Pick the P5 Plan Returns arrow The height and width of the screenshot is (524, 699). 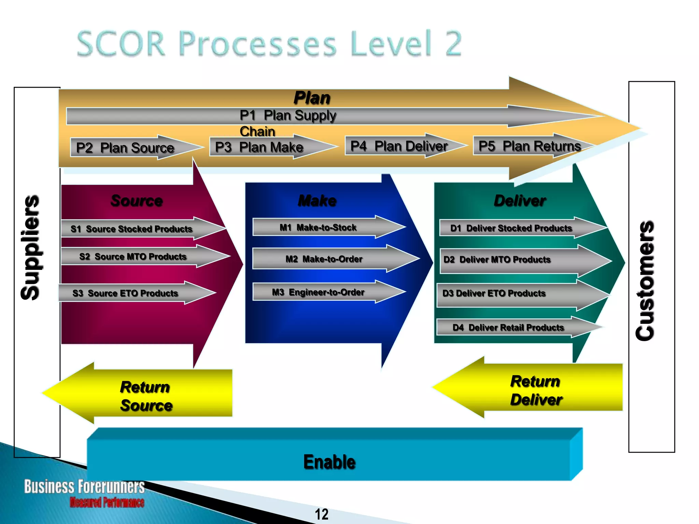529,146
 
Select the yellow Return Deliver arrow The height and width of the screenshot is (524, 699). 536,390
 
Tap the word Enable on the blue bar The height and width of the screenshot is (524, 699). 329,462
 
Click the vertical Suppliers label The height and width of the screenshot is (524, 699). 31,247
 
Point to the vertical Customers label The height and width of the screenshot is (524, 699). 645,280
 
